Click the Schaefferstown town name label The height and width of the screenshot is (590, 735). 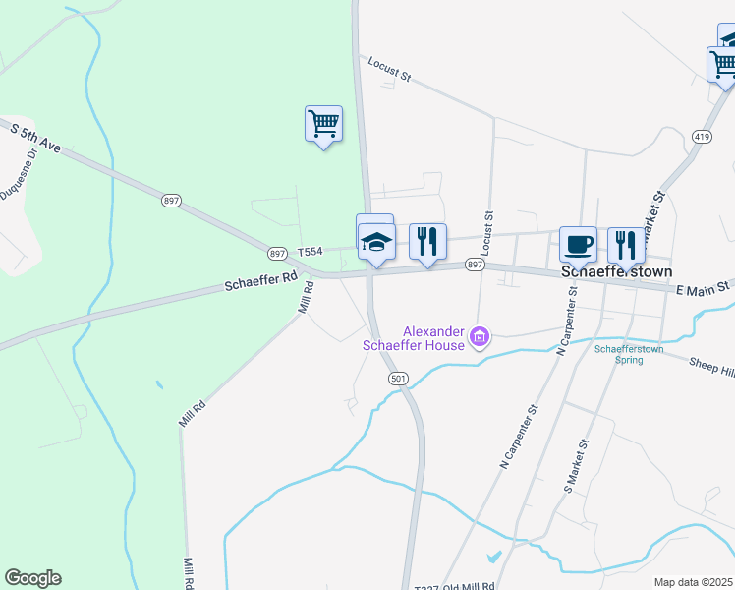point(616,272)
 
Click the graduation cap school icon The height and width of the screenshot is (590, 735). point(374,239)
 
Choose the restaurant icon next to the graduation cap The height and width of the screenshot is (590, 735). point(427,240)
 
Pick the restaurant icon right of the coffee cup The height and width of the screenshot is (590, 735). point(626,244)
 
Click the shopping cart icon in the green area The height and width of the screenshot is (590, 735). point(323,124)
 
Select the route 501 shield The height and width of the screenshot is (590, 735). point(398,379)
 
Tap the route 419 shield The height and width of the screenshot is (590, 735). point(701,136)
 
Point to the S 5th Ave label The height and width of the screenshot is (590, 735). point(35,138)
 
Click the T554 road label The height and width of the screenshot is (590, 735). point(310,252)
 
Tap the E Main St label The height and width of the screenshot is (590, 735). point(703,287)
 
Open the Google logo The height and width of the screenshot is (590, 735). point(32,578)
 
